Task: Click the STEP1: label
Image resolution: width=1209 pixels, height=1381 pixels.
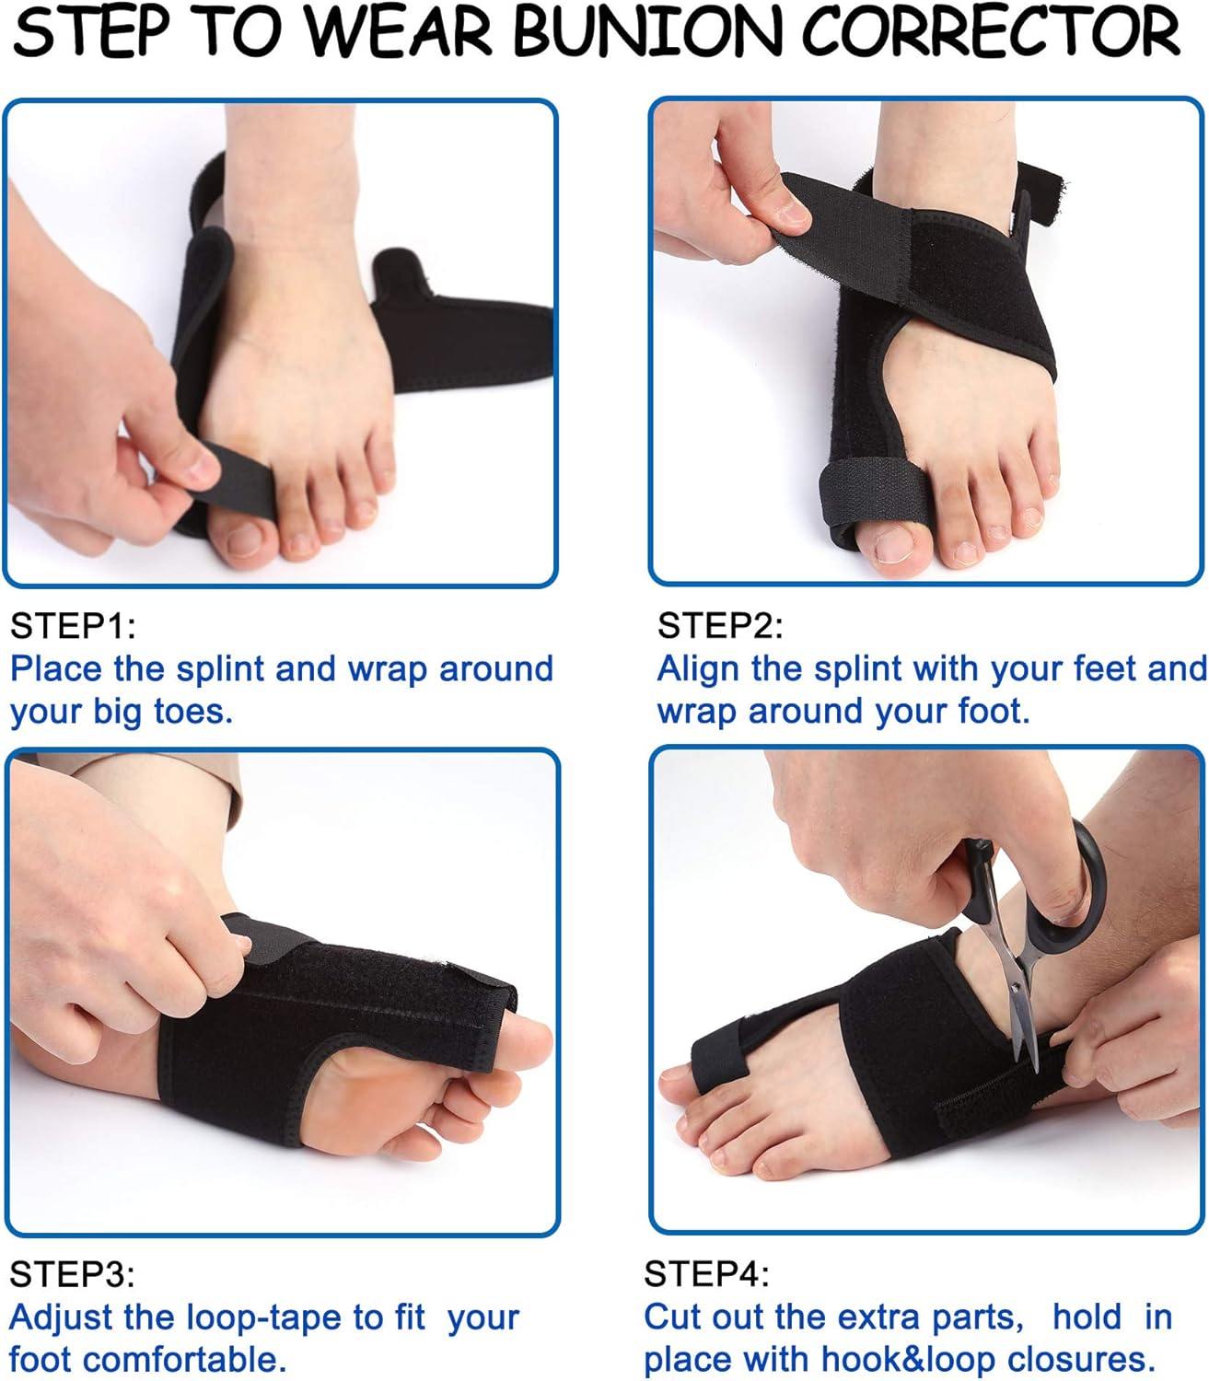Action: click(73, 626)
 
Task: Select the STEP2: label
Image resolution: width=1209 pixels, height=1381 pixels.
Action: click(720, 626)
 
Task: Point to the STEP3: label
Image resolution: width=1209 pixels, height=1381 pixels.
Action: click(73, 1274)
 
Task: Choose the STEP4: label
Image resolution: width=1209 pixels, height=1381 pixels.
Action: click(706, 1274)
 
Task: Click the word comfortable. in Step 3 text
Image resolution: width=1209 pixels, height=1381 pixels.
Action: click(190, 1360)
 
